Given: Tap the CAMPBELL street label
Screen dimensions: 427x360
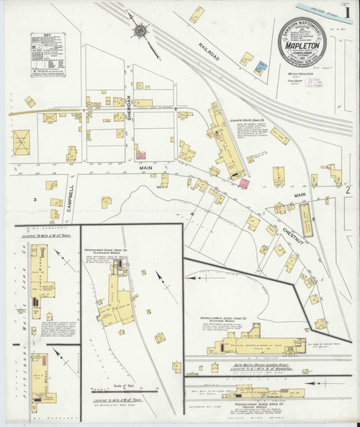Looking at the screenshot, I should [x=71, y=196].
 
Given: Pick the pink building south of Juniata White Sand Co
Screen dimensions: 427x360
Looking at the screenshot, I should [x=244, y=184].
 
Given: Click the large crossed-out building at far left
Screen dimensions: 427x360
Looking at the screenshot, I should [x=22, y=139].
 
